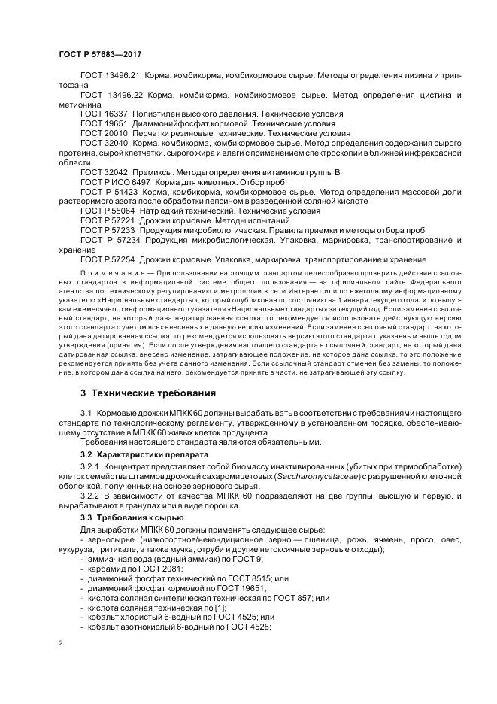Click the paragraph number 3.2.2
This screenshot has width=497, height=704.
click(91, 498)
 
